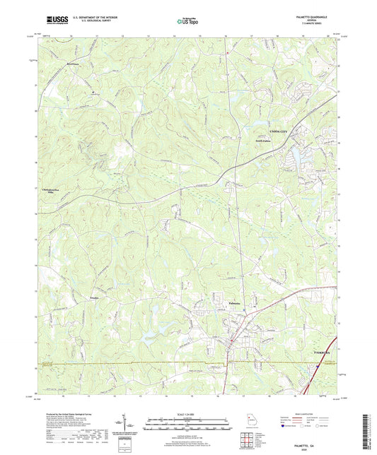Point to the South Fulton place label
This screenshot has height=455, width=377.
tap(264, 141)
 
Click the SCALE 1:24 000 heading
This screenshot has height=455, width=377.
tap(187, 414)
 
